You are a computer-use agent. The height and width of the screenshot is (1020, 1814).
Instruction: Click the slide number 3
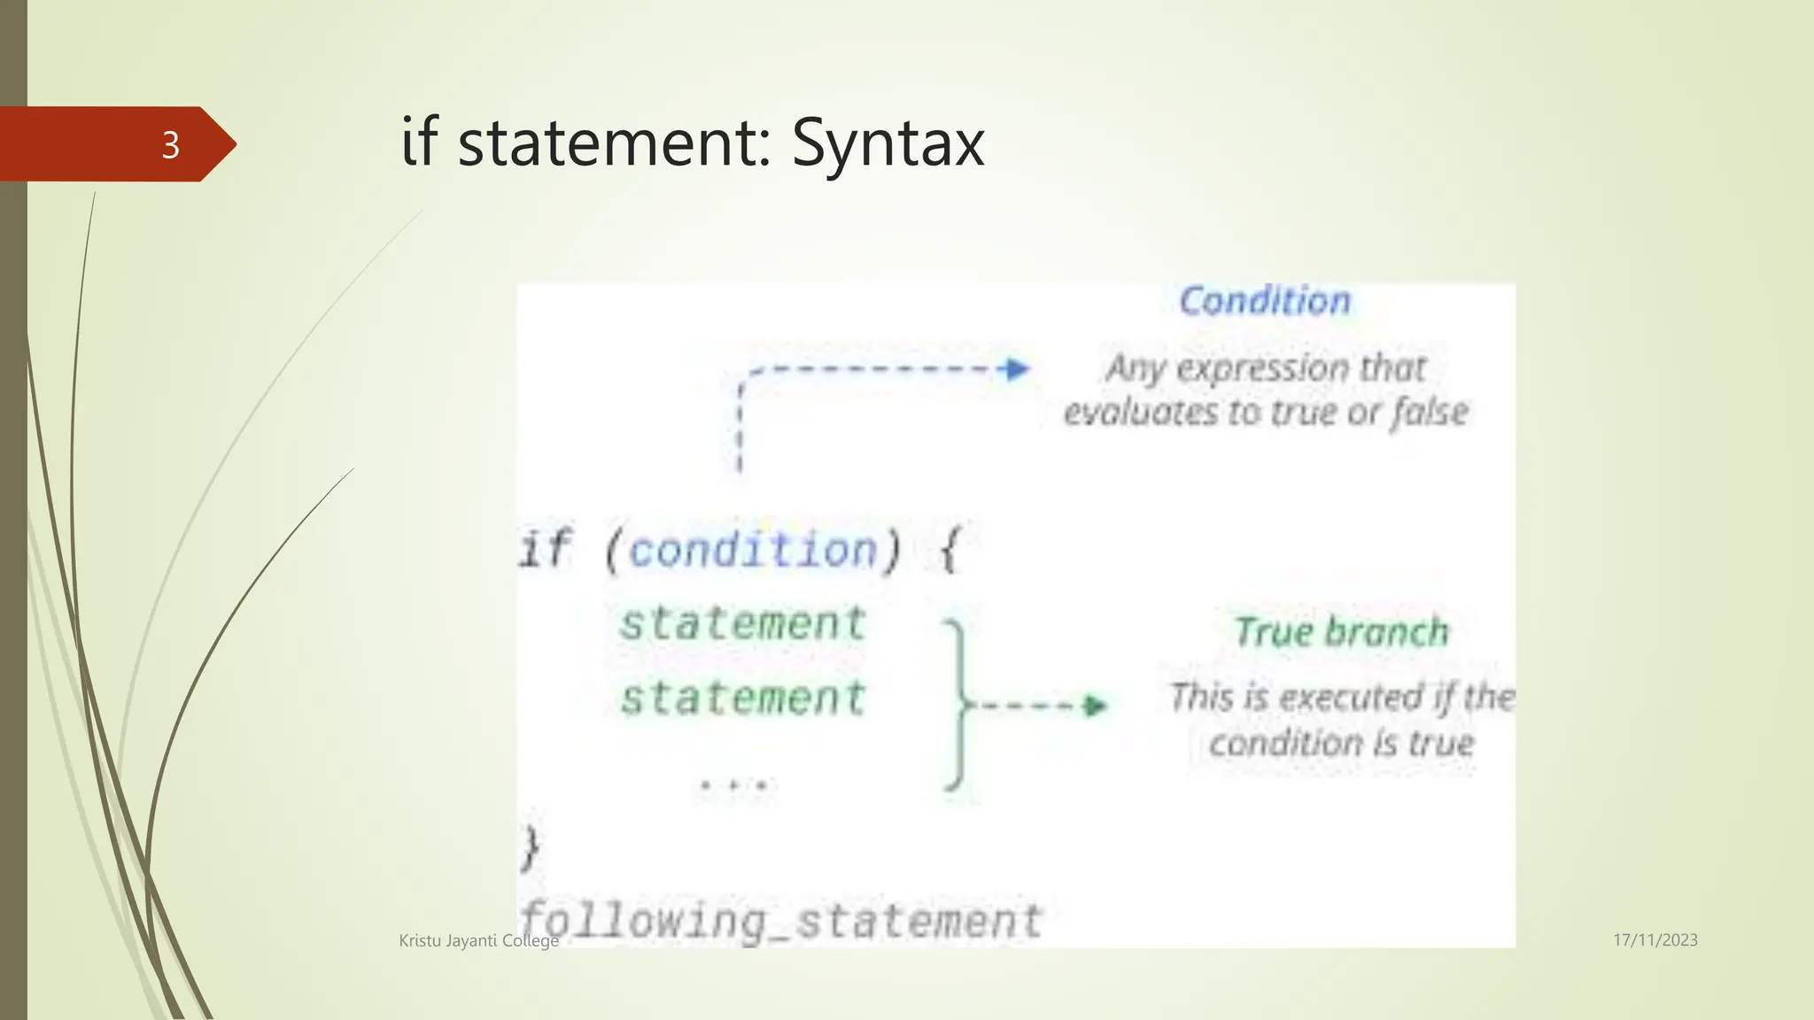[x=170, y=144]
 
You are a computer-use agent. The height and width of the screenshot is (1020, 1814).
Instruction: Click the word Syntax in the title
[x=888, y=143]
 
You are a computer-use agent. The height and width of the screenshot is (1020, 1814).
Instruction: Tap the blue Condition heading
[x=1265, y=301]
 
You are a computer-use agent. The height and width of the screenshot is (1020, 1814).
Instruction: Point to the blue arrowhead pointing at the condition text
[x=1018, y=368]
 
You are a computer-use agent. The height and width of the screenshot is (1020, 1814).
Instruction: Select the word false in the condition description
[x=1429, y=413]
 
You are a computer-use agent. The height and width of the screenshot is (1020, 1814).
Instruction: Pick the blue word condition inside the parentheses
[x=753, y=550]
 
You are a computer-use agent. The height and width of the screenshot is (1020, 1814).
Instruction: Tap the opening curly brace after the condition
[x=949, y=550]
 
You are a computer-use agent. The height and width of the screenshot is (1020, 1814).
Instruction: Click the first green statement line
[x=742, y=623]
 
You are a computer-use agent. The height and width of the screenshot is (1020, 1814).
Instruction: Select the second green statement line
[x=742, y=698]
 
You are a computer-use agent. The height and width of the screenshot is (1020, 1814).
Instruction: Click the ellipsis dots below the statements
[x=735, y=784]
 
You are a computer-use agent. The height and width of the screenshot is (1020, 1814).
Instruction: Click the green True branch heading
[x=1341, y=632]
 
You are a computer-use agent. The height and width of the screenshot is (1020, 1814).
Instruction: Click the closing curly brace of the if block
[x=530, y=848]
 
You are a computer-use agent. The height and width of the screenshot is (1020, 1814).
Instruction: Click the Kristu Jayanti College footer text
[x=478, y=940]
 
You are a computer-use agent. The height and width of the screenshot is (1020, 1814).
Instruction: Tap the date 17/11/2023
[x=1655, y=940]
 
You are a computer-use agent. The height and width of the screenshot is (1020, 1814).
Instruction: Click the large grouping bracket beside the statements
[x=956, y=705]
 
